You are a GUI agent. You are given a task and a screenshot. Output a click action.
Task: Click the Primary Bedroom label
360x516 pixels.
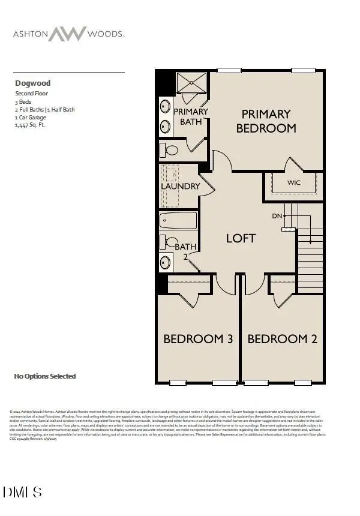click(266, 121)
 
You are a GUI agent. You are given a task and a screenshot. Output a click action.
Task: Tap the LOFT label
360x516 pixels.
click(241, 238)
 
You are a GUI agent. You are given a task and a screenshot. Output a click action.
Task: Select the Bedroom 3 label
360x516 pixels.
click(198, 339)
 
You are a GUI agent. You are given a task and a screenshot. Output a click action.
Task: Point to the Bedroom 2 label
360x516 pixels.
click(282, 339)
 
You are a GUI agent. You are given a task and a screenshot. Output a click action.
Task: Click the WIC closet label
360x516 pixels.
click(294, 182)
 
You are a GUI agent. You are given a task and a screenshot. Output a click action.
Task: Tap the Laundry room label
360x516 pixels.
click(180, 186)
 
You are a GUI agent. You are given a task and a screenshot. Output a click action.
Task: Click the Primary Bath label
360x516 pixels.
click(191, 116)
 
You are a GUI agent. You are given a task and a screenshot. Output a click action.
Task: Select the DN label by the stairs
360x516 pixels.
click(277, 215)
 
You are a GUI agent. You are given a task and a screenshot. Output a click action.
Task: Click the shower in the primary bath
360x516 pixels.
click(191, 82)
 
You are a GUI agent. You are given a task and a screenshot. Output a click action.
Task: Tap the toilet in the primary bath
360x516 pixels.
click(170, 149)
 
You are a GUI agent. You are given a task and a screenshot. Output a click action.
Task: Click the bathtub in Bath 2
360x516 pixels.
click(178, 220)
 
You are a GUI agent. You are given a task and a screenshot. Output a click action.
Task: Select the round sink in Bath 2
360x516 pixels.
click(165, 263)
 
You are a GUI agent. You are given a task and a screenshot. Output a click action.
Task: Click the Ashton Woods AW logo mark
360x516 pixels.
click(68, 34)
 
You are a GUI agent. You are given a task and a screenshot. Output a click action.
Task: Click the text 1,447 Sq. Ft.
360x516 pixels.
click(30, 125)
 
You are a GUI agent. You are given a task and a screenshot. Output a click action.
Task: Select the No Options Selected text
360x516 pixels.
click(45, 376)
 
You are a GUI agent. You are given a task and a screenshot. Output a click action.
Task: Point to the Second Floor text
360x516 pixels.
click(31, 94)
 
